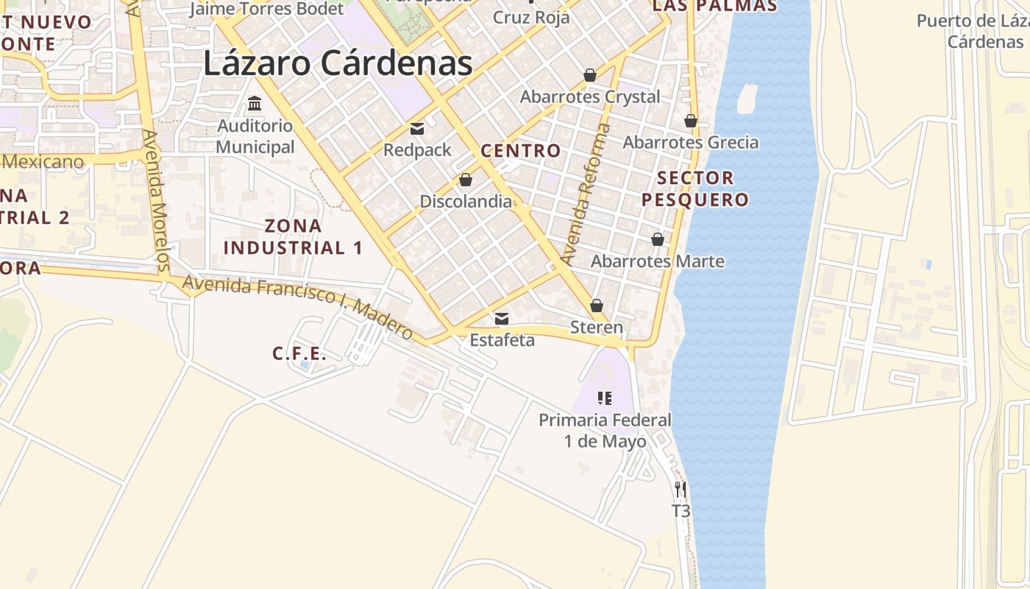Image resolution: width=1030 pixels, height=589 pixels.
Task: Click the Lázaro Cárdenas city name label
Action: coord(338,63)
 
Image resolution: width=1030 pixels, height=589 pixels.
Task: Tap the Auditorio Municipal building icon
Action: coord(255,103)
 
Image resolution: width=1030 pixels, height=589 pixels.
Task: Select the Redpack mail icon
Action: coord(417,130)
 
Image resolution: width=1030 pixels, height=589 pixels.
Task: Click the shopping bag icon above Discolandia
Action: coord(466,180)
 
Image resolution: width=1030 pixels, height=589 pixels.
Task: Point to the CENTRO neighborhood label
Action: coord(520,152)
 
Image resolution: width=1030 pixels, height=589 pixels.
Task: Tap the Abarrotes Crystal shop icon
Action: coord(589,75)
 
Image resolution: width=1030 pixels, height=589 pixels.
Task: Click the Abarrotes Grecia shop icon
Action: coord(690,121)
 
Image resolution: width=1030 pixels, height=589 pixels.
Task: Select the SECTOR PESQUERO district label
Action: coord(695,188)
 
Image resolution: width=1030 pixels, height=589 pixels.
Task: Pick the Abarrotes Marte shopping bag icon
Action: coord(658,239)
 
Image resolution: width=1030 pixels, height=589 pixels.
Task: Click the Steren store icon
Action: coord(597,306)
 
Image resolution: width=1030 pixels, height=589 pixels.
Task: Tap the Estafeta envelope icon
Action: coord(502,319)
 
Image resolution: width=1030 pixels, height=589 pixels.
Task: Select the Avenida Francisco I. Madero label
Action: coord(298,308)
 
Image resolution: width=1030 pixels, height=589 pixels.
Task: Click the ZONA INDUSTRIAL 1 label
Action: coord(293,236)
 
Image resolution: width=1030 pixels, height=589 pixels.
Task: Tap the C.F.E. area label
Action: coord(299,354)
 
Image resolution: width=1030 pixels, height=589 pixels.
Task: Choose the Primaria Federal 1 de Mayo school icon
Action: coord(605,399)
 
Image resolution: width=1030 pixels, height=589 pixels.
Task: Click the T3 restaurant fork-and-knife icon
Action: coord(681,489)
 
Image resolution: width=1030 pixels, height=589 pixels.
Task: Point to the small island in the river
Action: coord(747,99)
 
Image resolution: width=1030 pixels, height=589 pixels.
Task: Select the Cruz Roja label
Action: coord(531,18)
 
